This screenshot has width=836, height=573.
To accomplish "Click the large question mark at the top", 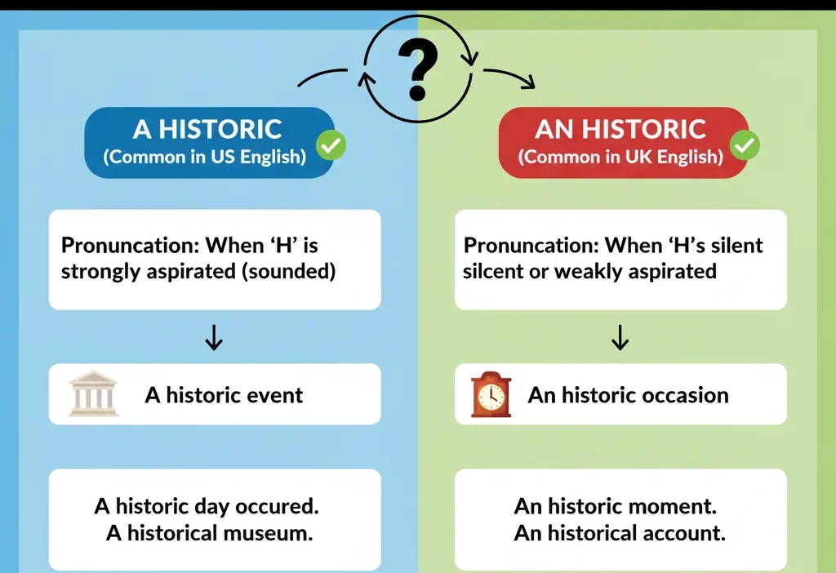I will pos(417,69).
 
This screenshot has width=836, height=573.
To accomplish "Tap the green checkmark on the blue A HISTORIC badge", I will pos(331,146).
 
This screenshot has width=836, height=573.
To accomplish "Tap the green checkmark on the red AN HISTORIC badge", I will pos(745,146).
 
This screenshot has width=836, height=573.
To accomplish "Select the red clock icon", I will pos(491,395).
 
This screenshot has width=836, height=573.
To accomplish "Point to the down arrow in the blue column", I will pos(214,337).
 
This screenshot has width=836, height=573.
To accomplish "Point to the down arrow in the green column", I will pos(620,337).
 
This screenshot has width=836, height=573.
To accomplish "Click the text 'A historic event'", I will pos(224,396).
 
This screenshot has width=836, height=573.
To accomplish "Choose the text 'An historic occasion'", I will pos(628,396).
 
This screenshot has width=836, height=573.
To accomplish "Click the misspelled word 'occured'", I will pos(277,506).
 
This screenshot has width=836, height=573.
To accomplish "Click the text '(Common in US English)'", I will pos(204,157).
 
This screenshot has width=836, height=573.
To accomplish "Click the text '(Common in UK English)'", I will pos(620,157).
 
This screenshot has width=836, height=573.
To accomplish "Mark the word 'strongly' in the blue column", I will pos(100,272).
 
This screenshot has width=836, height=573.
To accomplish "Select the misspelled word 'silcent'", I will pos(493,272).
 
